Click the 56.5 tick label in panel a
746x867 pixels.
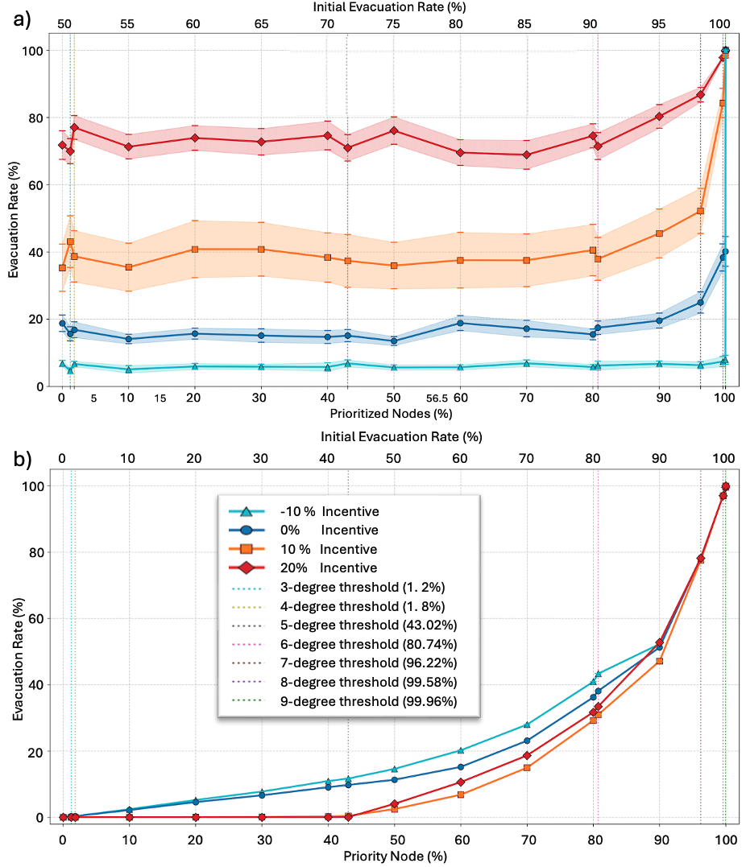click(x=437, y=398)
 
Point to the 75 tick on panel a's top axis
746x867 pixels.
click(x=393, y=24)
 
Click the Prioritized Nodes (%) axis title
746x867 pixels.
click(x=391, y=414)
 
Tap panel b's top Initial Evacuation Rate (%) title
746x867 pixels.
click(x=400, y=437)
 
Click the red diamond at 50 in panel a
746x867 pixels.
click(x=393, y=130)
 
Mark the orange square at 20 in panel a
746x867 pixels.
click(x=193, y=250)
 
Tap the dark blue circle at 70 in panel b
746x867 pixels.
click(x=527, y=741)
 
